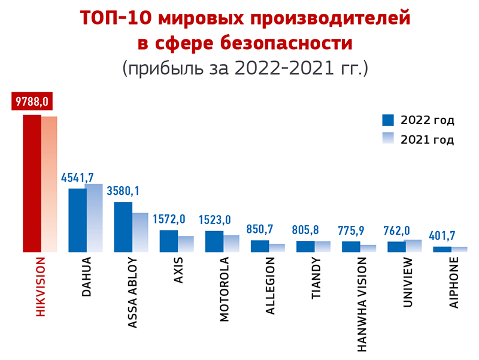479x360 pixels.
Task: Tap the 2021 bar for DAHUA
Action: [x=94, y=218]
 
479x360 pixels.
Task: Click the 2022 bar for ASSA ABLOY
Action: [x=123, y=227]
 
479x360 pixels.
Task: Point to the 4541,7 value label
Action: [x=82, y=177]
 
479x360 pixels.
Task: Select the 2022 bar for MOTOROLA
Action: [x=214, y=241]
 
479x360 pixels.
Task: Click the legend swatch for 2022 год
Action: [x=388, y=119]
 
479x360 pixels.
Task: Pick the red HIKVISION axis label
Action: [x=41, y=288]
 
